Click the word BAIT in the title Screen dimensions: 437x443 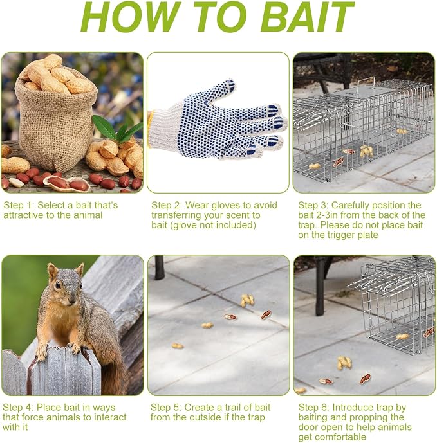[307, 16]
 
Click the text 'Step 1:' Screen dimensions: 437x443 [19, 205]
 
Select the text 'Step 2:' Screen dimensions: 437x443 [167, 205]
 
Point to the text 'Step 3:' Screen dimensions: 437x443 [313, 205]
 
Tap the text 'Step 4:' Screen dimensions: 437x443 [18, 408]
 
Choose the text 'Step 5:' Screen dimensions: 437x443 [166, 408]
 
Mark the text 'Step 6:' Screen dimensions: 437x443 [314, 408]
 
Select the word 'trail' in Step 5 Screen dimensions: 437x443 [231, 408]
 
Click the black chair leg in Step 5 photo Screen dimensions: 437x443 [160, 267]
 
